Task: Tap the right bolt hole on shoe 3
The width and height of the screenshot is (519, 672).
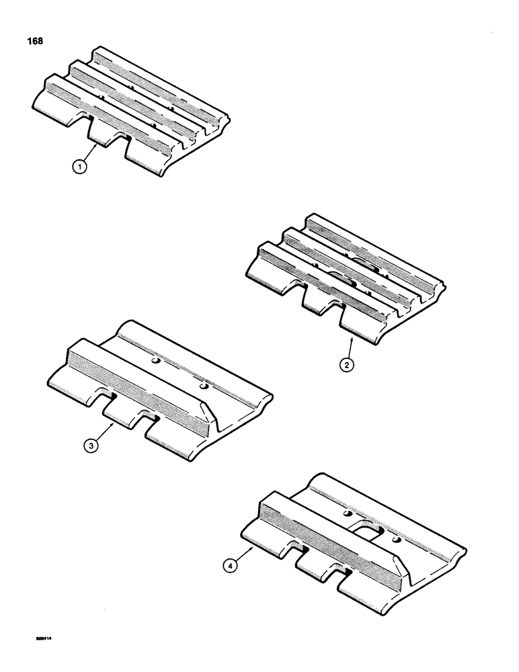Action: [203, 388]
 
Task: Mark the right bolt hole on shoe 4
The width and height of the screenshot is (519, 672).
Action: [396, 539]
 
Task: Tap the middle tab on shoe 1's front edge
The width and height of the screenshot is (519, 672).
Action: [104, 134]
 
